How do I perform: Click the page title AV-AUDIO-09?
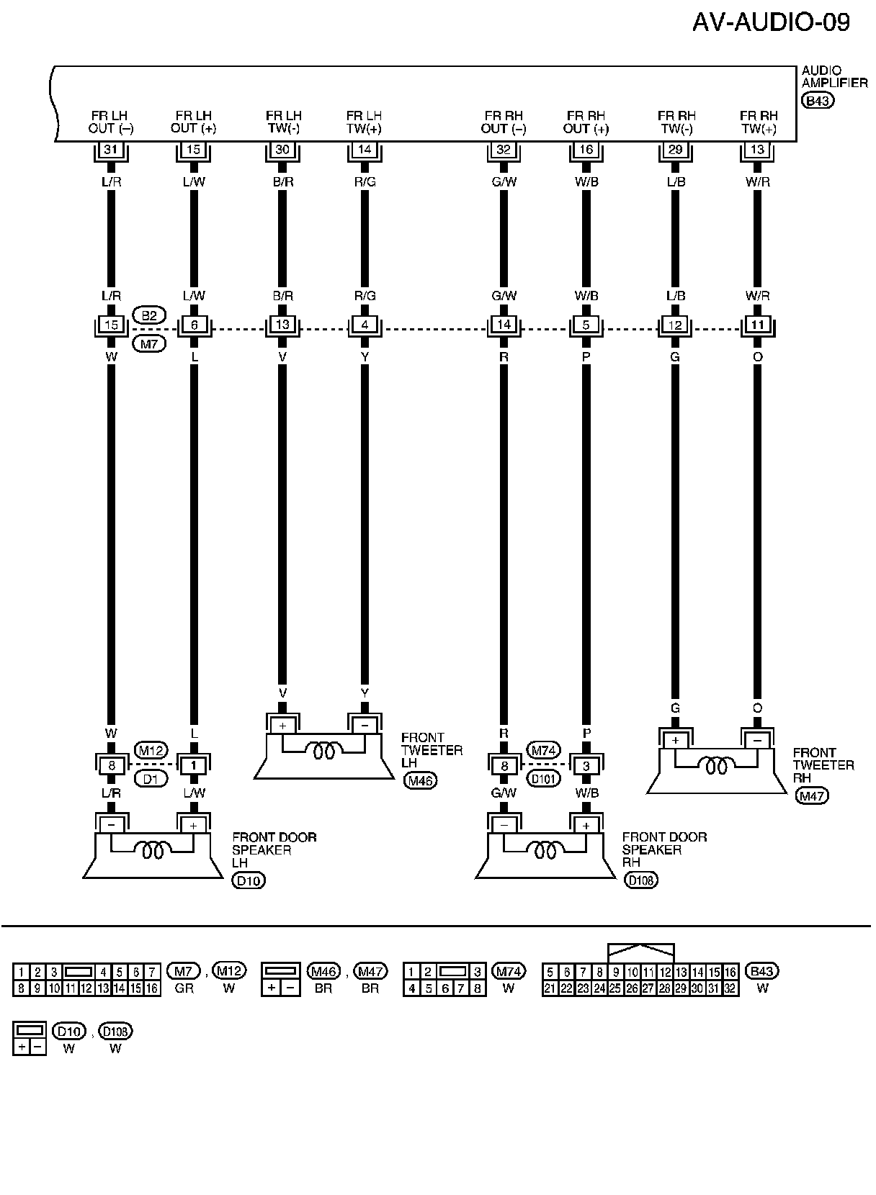(x=771, y=22)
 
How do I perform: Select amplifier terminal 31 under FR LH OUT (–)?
(x=111, y=150)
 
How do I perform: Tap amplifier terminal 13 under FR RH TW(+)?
(x=757, y=150)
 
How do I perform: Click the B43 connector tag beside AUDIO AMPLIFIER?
(x=818, y=101)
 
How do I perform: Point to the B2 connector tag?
(x=149, y=315)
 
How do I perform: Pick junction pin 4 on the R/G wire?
(x=365, y=325)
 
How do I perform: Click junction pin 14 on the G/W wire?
(x=504, y=325)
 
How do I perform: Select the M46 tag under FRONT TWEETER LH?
(x=421, y=781)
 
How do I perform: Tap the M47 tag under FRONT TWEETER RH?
(x=812, y=795)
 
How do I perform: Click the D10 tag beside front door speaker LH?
(x=249, y=880)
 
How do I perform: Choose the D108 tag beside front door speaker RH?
(x=641, y=880)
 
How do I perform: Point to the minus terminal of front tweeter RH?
(x=757, y=741)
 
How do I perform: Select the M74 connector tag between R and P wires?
(x=544, y=750)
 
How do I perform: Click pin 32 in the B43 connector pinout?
(x=730, y=989)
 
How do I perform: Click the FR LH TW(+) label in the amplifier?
(x=365, y=122)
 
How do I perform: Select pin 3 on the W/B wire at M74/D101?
(x=586, y=766)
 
